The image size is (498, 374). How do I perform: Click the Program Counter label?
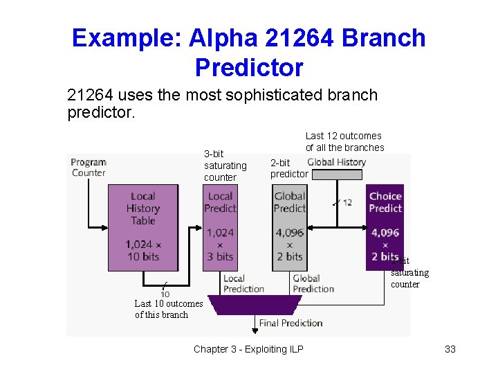[88, 167]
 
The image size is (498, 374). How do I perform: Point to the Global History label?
[336, 162]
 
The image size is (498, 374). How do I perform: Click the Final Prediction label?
[290, 323]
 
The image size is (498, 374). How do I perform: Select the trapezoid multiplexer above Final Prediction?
[255, 305]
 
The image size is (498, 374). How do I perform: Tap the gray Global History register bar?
[338, 175]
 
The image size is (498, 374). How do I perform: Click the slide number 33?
[450, 349]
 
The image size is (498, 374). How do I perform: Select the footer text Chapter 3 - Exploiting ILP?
[248, 349]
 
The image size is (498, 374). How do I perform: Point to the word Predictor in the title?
[249, 68]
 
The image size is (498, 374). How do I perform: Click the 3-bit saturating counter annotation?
[225, 166]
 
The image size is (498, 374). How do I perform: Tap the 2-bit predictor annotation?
[289, 168]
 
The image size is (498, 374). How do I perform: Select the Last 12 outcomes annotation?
[344, 141]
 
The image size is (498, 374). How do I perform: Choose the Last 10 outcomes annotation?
[168, 309]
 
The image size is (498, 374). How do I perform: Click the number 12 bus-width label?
[347, 202]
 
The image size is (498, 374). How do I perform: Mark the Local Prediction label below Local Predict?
[243, 283]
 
